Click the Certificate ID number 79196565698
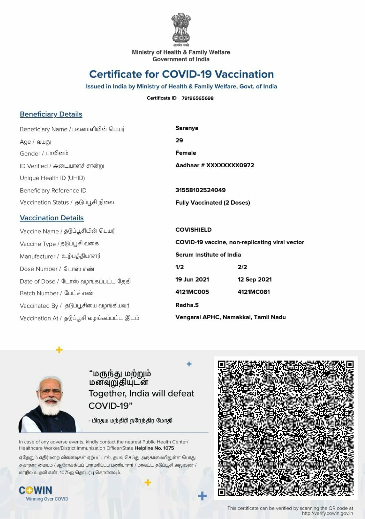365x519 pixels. (x=197, y=98)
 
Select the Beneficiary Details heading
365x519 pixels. (x=51, y=114)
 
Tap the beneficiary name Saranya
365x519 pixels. (x=187, y=128)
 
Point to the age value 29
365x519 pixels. (x=179, y=140)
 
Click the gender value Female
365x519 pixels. (x=186, y=153)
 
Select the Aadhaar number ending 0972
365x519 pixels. (x=215, y=165)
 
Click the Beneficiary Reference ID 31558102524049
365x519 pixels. (x=200, y=190)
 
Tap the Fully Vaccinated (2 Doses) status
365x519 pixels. (x=213, y=203)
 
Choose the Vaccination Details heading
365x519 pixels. (x=52, y=218)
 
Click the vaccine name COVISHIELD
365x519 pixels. (x=194, y=230)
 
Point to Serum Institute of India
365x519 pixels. (x=208, y=255)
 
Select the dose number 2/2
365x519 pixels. (x=242, y=267)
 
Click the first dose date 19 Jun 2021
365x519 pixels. (x=192, y=280)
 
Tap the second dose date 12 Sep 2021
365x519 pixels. (x=255, y=280)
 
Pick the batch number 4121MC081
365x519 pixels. (x=254, y=292)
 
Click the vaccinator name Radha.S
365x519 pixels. (x=187, y=305)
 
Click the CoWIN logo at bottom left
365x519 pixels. (x=36, y=490)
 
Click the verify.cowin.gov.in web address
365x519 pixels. (x=327, y=513)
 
